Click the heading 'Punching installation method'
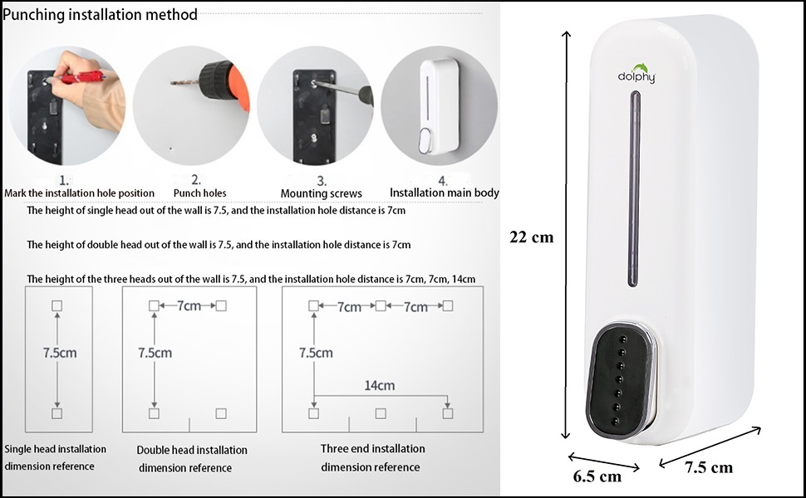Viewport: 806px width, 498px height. coord(101,14)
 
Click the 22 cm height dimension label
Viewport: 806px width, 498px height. coord(531,237)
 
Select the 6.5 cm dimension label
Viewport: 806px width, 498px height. coord(597,476)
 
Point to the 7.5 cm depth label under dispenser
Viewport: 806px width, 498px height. coord(709,467)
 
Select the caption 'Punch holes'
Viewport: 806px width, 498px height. coord(199,193)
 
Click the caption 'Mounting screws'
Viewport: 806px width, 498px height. coord(321,193)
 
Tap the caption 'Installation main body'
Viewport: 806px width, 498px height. coord(445,193)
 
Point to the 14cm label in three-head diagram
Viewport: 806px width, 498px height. coord(379,385)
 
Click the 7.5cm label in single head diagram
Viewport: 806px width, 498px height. coord(60,352)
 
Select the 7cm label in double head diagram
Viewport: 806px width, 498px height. coord(189,306)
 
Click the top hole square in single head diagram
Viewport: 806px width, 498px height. coord(57,306)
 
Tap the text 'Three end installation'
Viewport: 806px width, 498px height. coord(372,449)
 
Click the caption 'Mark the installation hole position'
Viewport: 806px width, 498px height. coord(80,193)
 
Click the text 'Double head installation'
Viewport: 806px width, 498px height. coord(192,450)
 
